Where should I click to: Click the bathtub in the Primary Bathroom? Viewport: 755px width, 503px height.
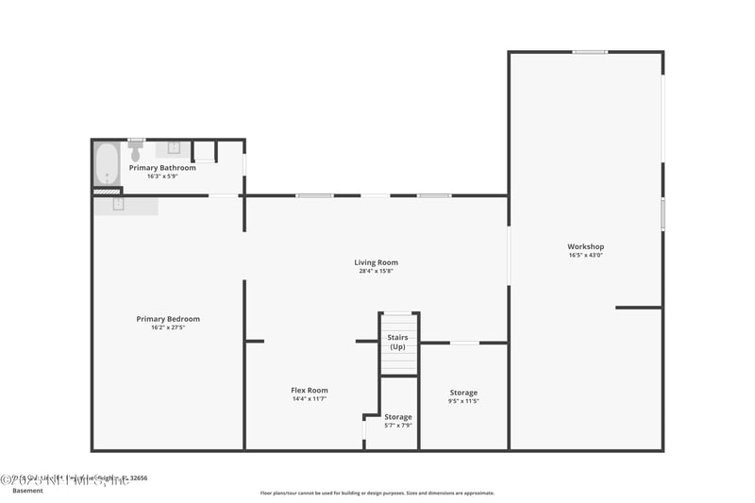(107, 165)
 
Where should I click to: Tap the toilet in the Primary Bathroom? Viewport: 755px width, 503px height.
(135, 151)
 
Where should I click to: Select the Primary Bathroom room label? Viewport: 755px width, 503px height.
(162, 168)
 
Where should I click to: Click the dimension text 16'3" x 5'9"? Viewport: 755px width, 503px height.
(162, 176)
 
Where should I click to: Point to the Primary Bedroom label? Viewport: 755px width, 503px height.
(168, 319)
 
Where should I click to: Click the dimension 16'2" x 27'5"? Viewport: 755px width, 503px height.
(168, 327)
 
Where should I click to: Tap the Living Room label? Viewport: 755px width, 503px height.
(376, 262)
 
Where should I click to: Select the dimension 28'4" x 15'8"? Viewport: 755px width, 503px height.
(376, 271)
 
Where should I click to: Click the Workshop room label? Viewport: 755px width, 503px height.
(585, 246)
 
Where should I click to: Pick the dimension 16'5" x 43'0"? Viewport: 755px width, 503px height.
(585, 255)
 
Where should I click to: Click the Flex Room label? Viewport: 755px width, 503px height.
(310, 390)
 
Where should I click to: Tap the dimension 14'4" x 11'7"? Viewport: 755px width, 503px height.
(310, 399)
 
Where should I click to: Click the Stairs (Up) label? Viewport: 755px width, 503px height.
(398, 342)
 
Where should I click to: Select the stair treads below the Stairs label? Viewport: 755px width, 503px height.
(398, 363)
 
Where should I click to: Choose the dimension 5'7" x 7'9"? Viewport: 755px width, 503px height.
(398, 426)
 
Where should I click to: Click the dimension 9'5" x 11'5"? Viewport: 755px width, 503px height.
(463, 401)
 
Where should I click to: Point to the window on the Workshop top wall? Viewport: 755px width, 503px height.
(590, 52)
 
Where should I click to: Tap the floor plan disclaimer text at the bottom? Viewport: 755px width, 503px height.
(377, 493)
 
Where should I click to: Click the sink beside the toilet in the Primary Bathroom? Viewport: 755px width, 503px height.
(175, 148)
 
